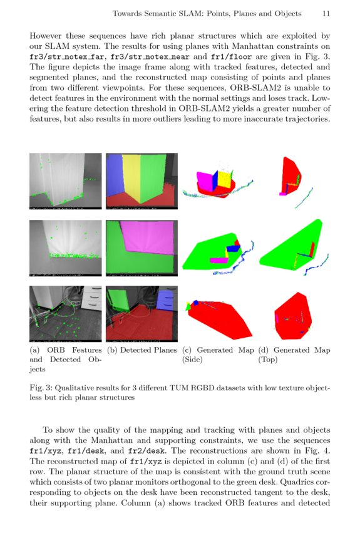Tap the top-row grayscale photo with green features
(65, 181)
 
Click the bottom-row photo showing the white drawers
(65, 313)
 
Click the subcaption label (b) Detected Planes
(141, 350)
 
